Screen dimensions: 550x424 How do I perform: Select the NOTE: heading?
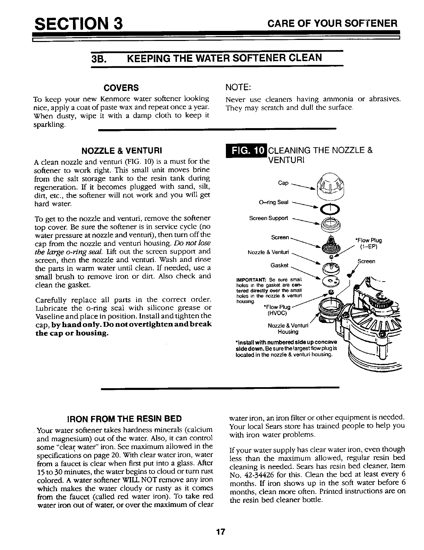tap(238, 86)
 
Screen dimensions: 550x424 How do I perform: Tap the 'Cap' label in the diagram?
tap(283, 183)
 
